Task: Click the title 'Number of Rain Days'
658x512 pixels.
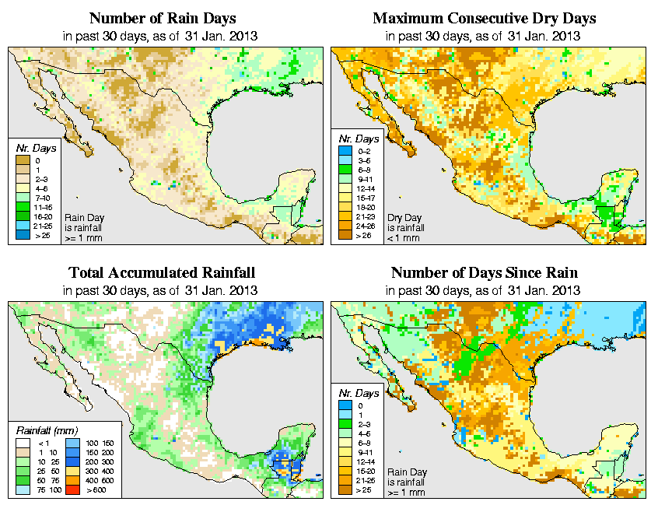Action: [x=162, y=18]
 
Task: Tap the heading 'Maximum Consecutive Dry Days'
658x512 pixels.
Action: [x=485, y=18]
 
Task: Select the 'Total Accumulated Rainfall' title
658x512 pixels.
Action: [x=162, y=273]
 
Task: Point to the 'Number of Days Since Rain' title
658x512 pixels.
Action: [x=485, y=273]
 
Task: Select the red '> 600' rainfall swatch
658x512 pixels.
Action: [x=72, y=490]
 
